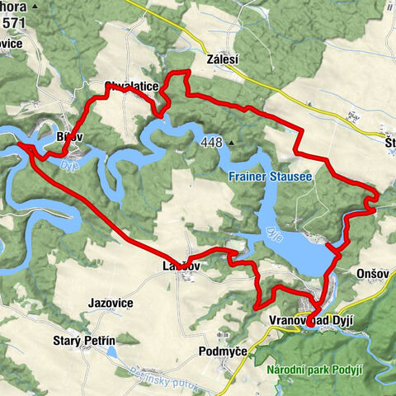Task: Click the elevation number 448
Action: pyautogui.click(x=211, y=143)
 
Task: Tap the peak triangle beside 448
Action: pyautogui.click(x=232, y=144)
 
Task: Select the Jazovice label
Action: pyautogui.click(x=111, y=304)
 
